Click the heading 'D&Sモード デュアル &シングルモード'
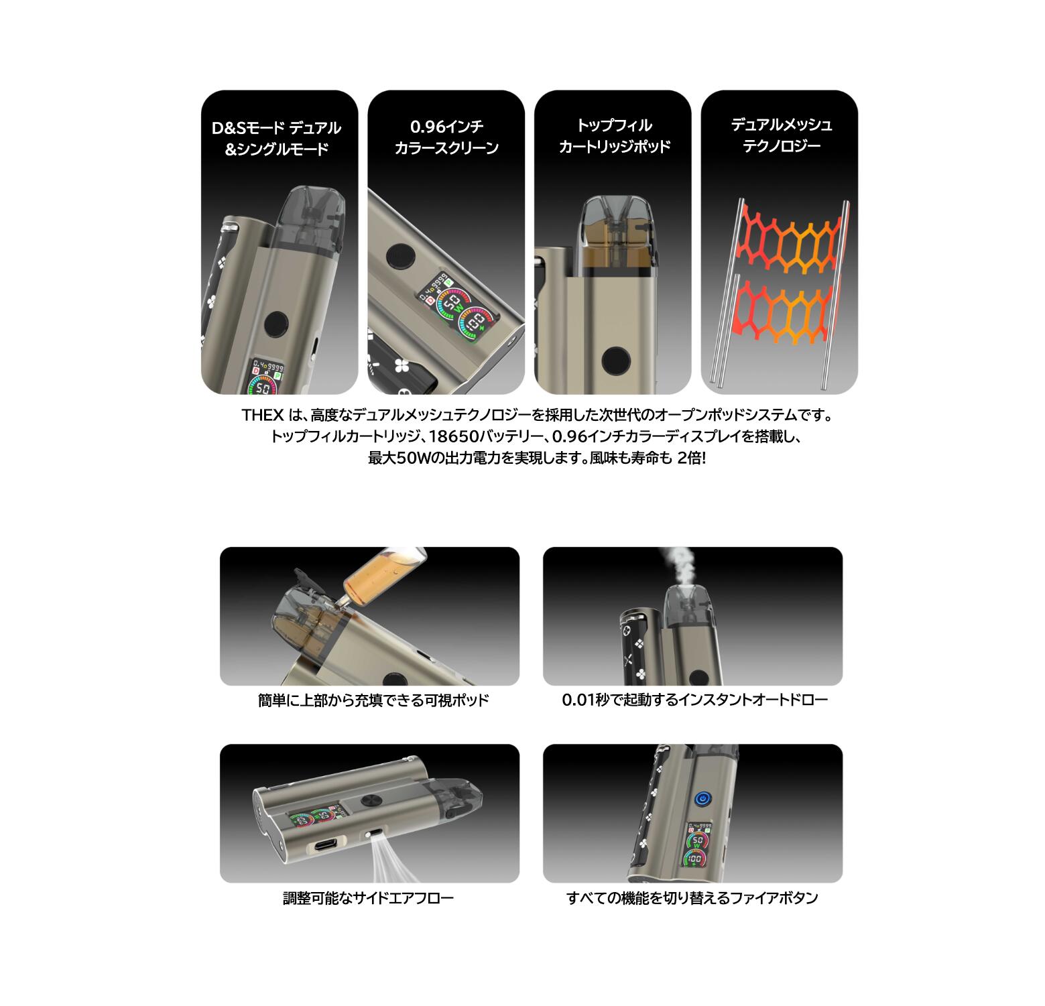coord(280,138)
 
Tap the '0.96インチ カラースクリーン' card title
coord(446,137)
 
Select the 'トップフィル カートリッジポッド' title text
coord(613,136)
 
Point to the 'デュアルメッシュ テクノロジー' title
coord(780,135)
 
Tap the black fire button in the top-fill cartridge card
coord(616,361)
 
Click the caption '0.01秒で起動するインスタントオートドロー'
coord(695,700)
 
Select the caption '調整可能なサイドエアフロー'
coord(368,897)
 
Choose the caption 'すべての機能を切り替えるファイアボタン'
coord(692,897)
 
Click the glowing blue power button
coord(702,798)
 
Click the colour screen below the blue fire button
coord(698,846)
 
